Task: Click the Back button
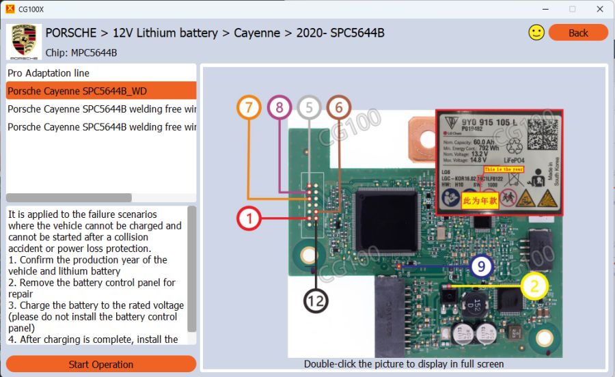tap(578, 33)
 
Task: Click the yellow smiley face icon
tap(536, 32)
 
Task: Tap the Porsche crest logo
tap(23, 41)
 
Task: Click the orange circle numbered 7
tap(249, 107)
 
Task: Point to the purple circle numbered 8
tap(279, 107)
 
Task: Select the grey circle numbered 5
tap(309, 107)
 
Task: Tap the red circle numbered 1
tap(249, 219)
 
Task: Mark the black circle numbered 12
tap(316, 300)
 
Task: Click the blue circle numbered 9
tap(481, 266)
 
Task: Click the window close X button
tap(599, 9)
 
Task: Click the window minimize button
tap(545, 9)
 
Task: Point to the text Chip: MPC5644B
tap(81, 53)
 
